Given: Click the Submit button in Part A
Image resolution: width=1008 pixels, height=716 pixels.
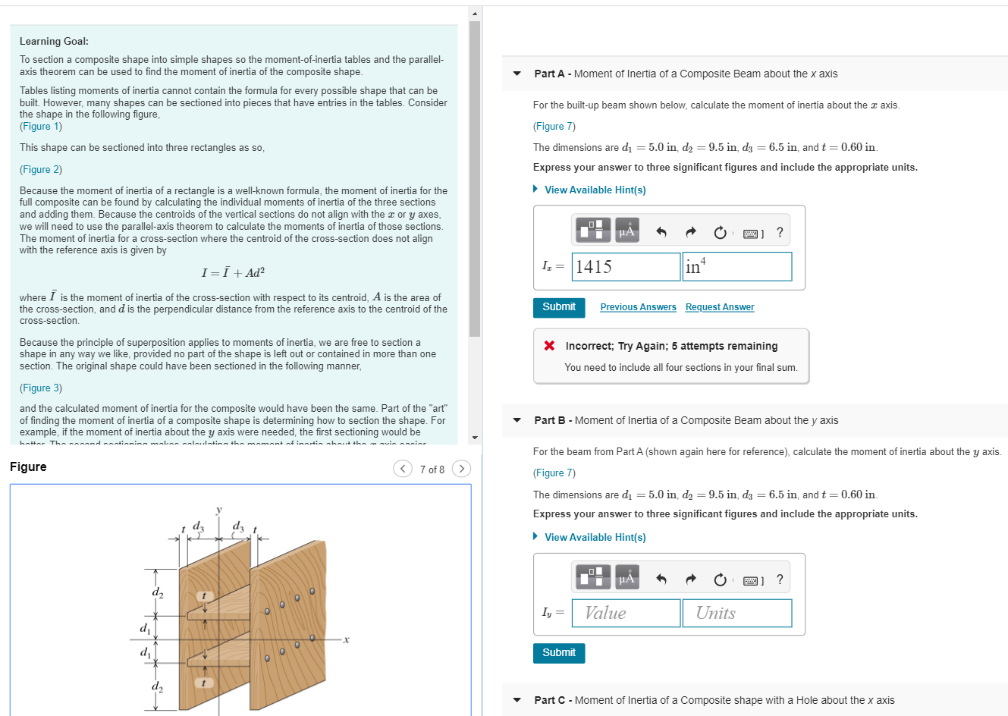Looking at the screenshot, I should click(x=558, y=306).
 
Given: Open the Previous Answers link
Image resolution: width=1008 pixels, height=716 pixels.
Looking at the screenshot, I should click(x=638, y=307).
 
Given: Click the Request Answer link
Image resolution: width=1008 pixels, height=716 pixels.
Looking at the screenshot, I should click(x=719, y=307).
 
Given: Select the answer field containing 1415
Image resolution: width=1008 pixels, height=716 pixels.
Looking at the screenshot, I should click(x=626, y=266).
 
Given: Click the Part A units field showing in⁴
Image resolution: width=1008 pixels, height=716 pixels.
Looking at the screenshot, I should click(x=736, y=266).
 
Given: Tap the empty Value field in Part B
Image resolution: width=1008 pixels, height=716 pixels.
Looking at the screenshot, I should click(x=626, y=613).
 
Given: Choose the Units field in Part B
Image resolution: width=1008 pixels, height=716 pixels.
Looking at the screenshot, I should click(x=736, y=613).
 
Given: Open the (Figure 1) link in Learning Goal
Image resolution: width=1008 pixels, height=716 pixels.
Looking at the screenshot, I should click(x=41, y=127).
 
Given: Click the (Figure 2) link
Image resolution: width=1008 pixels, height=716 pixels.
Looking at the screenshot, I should click(x=41, y=170).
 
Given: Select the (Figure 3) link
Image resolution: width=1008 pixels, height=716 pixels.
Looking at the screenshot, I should click(x=41, y=388).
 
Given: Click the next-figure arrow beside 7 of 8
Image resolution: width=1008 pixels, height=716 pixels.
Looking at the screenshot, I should click(x=461, y=469).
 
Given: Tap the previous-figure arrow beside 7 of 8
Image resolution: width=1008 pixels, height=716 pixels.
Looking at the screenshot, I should click(x=403, y=469).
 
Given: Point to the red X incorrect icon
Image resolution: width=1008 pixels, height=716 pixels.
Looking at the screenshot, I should click(x=549, y=346).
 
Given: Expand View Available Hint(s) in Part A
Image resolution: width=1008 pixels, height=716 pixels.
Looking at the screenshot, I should click(x=595, y=190).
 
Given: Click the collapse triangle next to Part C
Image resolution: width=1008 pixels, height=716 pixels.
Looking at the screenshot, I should click(x=517, y=700).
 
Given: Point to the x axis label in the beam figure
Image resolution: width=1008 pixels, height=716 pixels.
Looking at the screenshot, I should click(x=346, y=639).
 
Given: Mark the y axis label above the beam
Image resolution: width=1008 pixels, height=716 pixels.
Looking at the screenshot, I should click(x=218, y=510).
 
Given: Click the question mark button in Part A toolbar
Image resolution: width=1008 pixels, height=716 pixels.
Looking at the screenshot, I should click(x=780, y=232).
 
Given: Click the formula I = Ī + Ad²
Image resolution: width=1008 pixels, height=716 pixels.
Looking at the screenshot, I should click(x=233, y=273).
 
